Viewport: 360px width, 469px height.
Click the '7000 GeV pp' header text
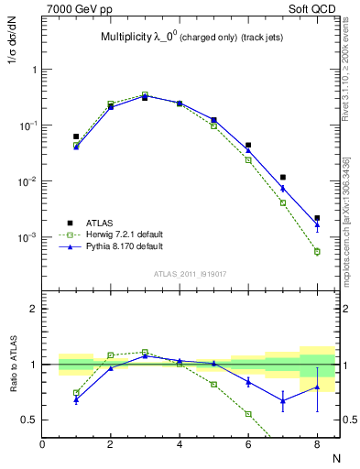[x=75, y=9]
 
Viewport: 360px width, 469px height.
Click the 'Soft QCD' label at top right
[x=317, y=9]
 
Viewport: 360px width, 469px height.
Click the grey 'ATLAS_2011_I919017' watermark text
[x=191, y=274]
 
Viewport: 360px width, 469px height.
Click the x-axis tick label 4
[x=180, y=444]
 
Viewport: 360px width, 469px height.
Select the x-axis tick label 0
[x=42, y=444]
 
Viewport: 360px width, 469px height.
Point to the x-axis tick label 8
[x=317, y=444]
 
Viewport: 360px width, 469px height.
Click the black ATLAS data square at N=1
[x=76, y=136]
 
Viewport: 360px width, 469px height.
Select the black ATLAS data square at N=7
[x=283, y=177]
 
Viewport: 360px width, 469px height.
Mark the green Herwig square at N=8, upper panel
[x=317, y=251]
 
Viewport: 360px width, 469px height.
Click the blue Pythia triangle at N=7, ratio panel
[x=283, y=400]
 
